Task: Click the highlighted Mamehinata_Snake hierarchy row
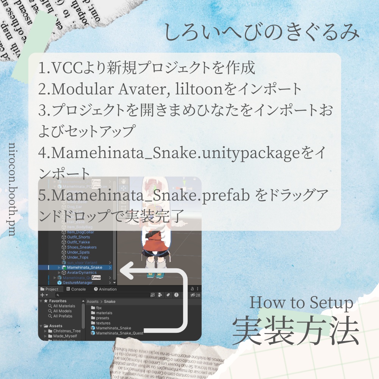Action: pos(84,268)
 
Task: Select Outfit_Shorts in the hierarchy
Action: pos(78,237)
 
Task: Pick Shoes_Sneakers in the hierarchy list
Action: pos(81,247)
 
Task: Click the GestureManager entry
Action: pos(77,283)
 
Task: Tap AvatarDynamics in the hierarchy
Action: pos(81,273)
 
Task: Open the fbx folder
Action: pos(99,308)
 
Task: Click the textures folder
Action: pos(103,323)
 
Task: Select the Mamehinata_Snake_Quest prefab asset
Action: pos(119,333)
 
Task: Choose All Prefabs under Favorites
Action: pos(63,316)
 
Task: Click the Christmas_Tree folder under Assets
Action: pos(67,331)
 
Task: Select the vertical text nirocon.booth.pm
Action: pos(12,189)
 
